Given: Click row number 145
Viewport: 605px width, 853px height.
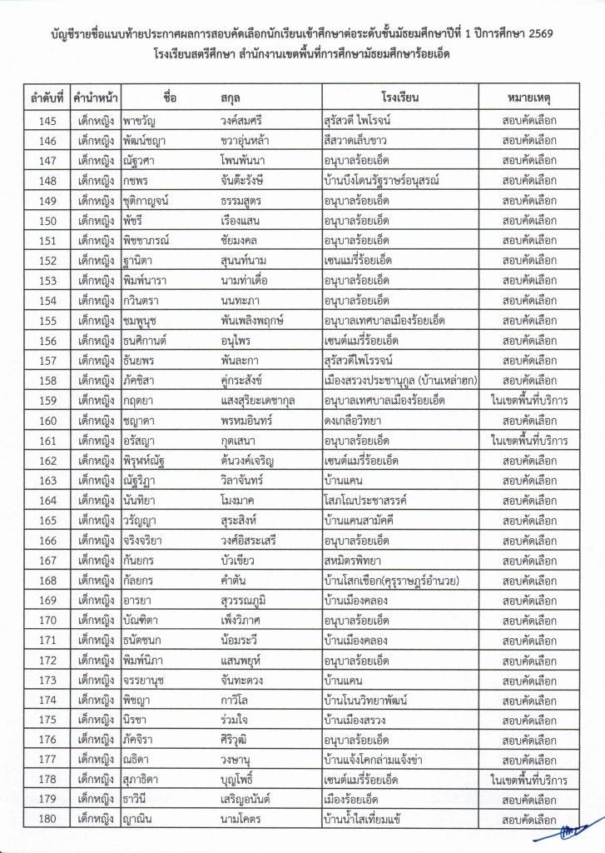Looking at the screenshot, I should [x=47, y=119].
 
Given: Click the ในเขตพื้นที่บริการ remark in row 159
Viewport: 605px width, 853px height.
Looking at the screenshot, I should [x=529, y=399].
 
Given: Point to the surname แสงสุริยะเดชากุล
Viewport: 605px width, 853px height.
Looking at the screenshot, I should [x=259, y=399].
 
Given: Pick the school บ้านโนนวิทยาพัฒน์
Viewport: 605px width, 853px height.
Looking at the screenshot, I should [x=374, y=698].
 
